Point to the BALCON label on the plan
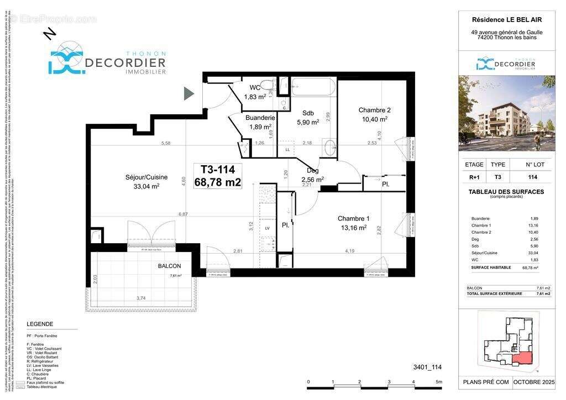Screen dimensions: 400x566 click(169, 266)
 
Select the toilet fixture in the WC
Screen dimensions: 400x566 click(268, 86)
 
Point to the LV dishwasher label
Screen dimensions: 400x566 click(268, 228)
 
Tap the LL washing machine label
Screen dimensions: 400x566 click(287, 150)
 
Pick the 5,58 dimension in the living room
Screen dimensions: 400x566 click(165, 143)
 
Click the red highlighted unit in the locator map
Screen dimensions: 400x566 click(522, 359)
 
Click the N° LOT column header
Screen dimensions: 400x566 click(534, 165)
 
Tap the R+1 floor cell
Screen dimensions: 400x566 click(474, 177)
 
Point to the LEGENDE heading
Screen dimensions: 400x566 click(40, 324)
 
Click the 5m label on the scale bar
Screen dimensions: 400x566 click(439, 382)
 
